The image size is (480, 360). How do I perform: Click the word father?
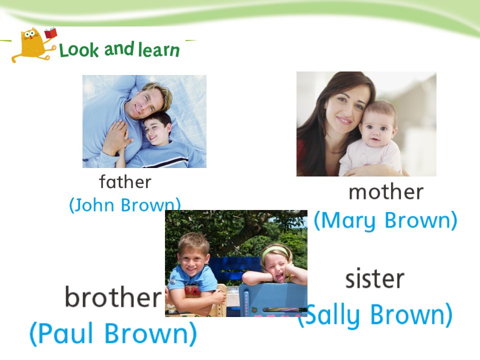[125, 181]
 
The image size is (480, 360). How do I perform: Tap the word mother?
[386, 191]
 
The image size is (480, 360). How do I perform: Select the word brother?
[113, 296]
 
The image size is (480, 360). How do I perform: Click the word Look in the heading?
[79, 50]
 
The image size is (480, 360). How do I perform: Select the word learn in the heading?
[158, 49]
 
